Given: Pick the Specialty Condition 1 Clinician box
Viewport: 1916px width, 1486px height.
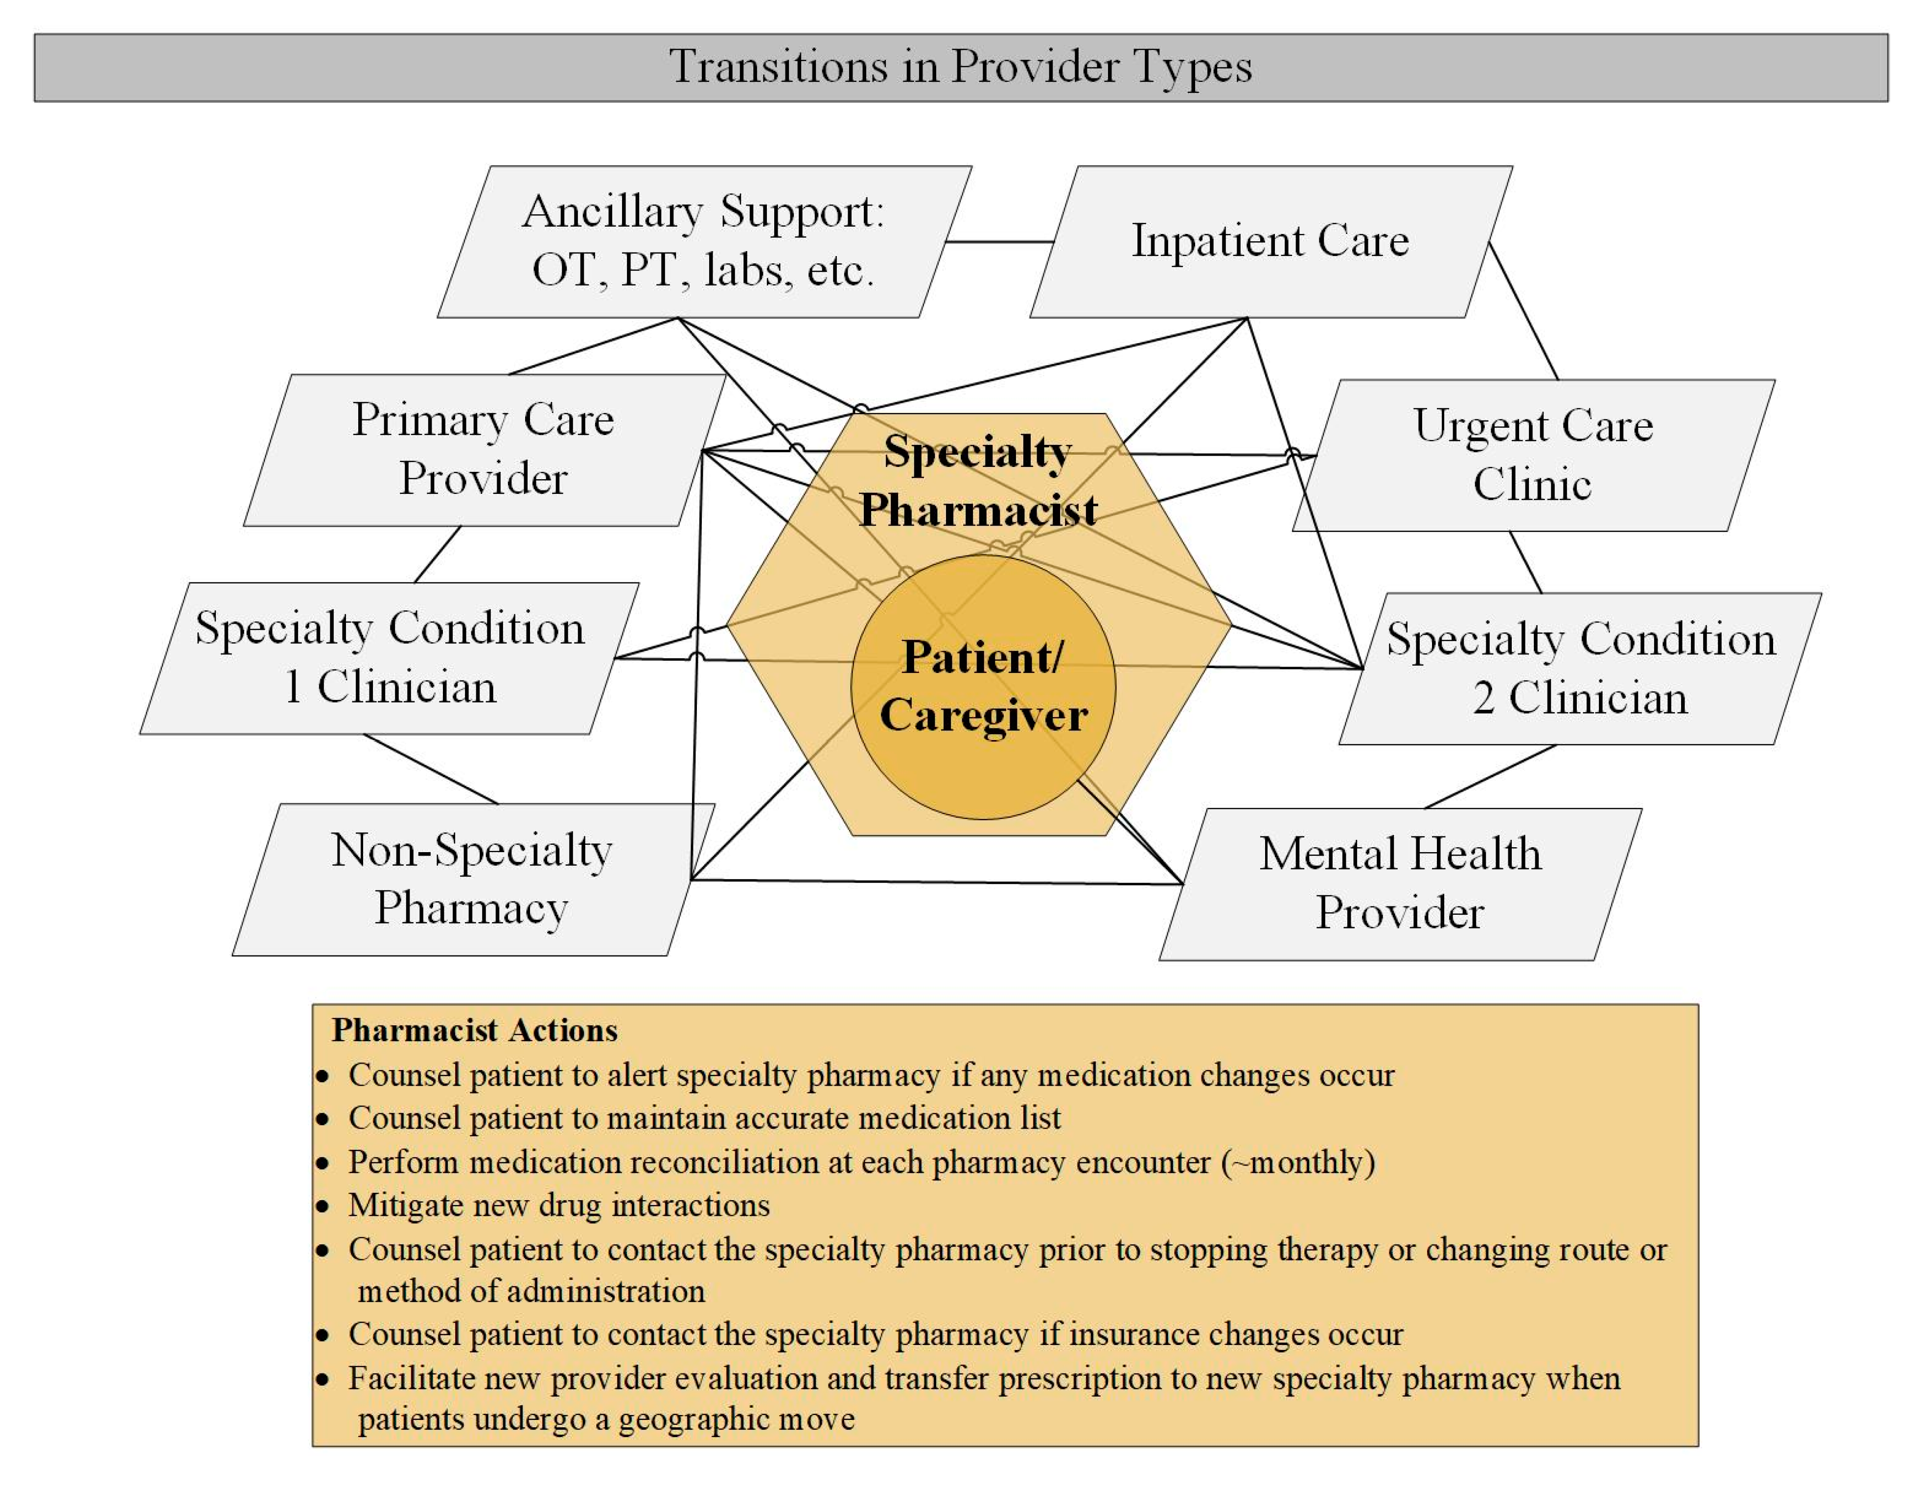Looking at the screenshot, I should (x=389, y=658).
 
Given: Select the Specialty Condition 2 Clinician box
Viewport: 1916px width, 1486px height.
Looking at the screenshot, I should (x=1579, y=669).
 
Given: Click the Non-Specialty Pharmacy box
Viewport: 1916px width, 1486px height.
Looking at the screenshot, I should (x=471, y=879).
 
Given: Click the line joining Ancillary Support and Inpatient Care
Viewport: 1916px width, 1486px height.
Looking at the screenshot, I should (x=1000, y=241).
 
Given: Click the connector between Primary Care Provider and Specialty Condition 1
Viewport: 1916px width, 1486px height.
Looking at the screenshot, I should (x=437, y=555).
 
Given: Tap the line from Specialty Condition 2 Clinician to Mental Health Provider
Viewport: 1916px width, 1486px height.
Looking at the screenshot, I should (x=1490, y=776).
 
